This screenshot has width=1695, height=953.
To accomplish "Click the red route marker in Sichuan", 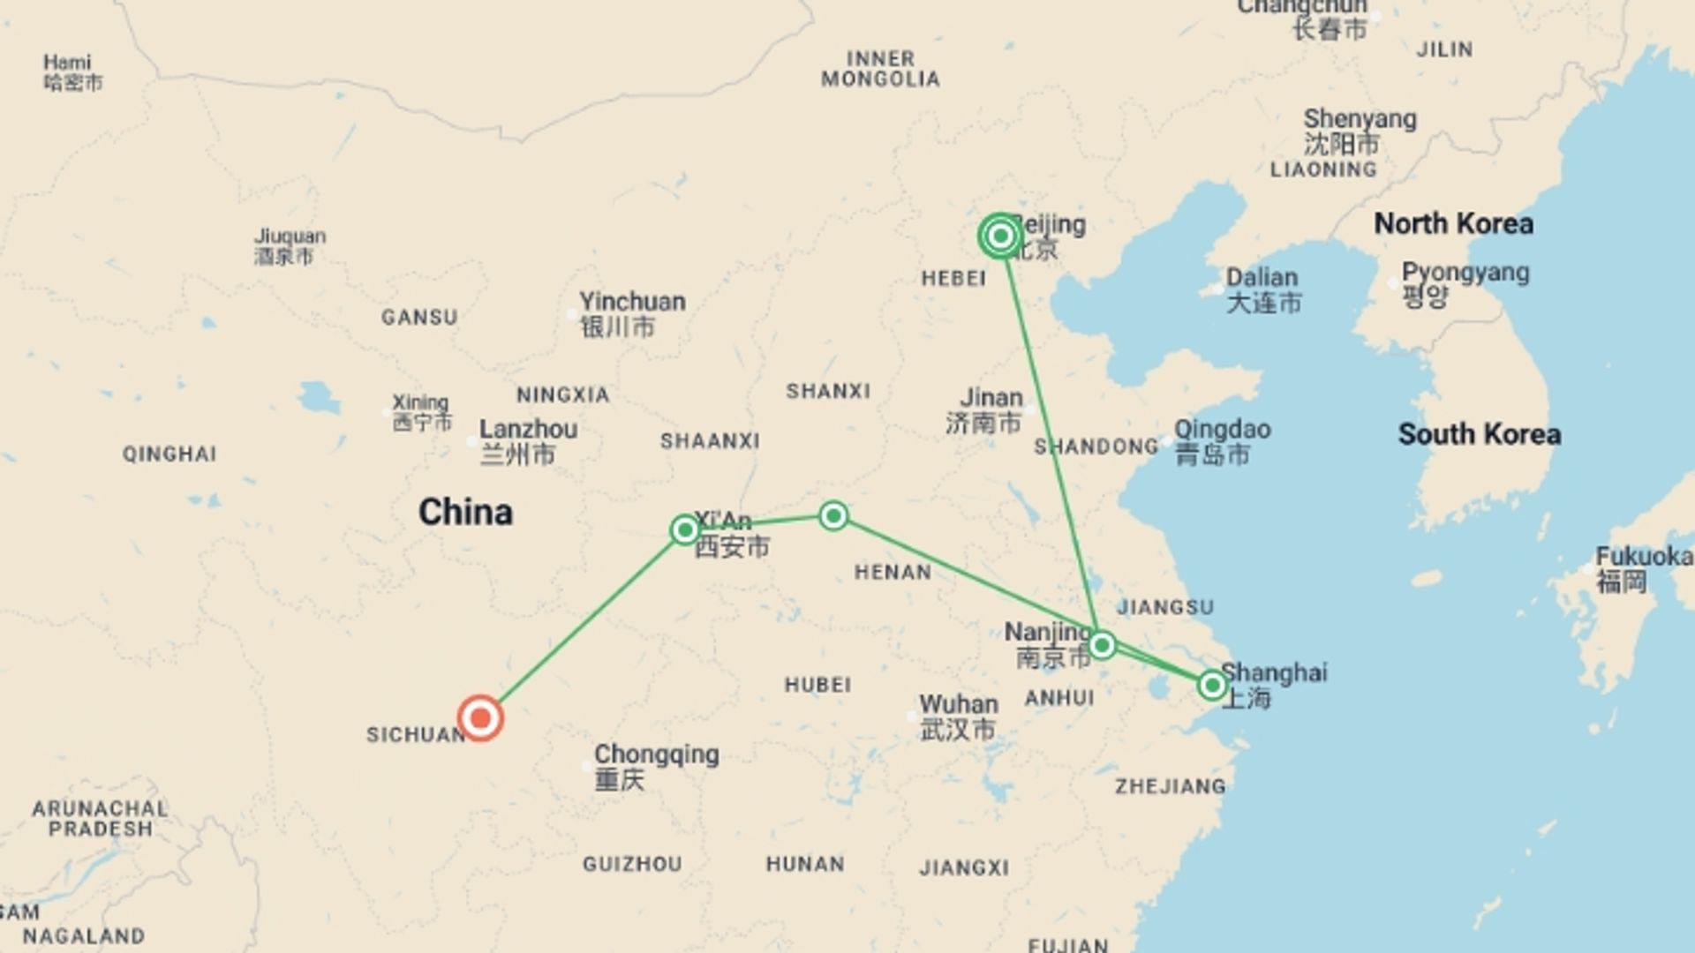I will click(x=480, y=717).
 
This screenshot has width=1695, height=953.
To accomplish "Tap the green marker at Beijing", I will click(x=1000, y=236).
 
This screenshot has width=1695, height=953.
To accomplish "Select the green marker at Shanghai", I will click(x=1212, y=685).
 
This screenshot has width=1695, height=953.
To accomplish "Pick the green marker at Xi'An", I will click(x=684, y=529).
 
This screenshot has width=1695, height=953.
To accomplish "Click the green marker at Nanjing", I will click(x=1101, y=645).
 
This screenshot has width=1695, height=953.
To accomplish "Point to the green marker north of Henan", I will click(x=833, y=515).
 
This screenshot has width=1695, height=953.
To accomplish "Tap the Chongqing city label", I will click(x=656, y=755).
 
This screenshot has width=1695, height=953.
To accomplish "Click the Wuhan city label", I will click(x=959, y=705).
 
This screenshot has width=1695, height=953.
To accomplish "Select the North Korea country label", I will click(x=1453, y=224).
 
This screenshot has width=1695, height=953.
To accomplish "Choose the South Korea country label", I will click(x=1479, y=434).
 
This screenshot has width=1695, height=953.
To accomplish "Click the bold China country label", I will click(x=465, y=513).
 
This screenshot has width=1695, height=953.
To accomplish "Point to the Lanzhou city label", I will click(x=528, y=430).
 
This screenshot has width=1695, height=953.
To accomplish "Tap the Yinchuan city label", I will click(x=632, y=302).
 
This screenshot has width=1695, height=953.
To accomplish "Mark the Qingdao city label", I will click(x=1222, y=430).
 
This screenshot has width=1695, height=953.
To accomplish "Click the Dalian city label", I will click(x=1262, y=278).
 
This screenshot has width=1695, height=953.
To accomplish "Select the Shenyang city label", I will click(x=1360, y=119).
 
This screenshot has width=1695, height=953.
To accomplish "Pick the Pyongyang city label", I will click(x=1465, y=273).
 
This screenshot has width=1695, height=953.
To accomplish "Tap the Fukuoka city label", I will click(x=1643, y=557).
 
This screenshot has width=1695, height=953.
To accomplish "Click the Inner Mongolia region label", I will click(x=880, y=69).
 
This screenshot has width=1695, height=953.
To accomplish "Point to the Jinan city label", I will click(x=991, y=398).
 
